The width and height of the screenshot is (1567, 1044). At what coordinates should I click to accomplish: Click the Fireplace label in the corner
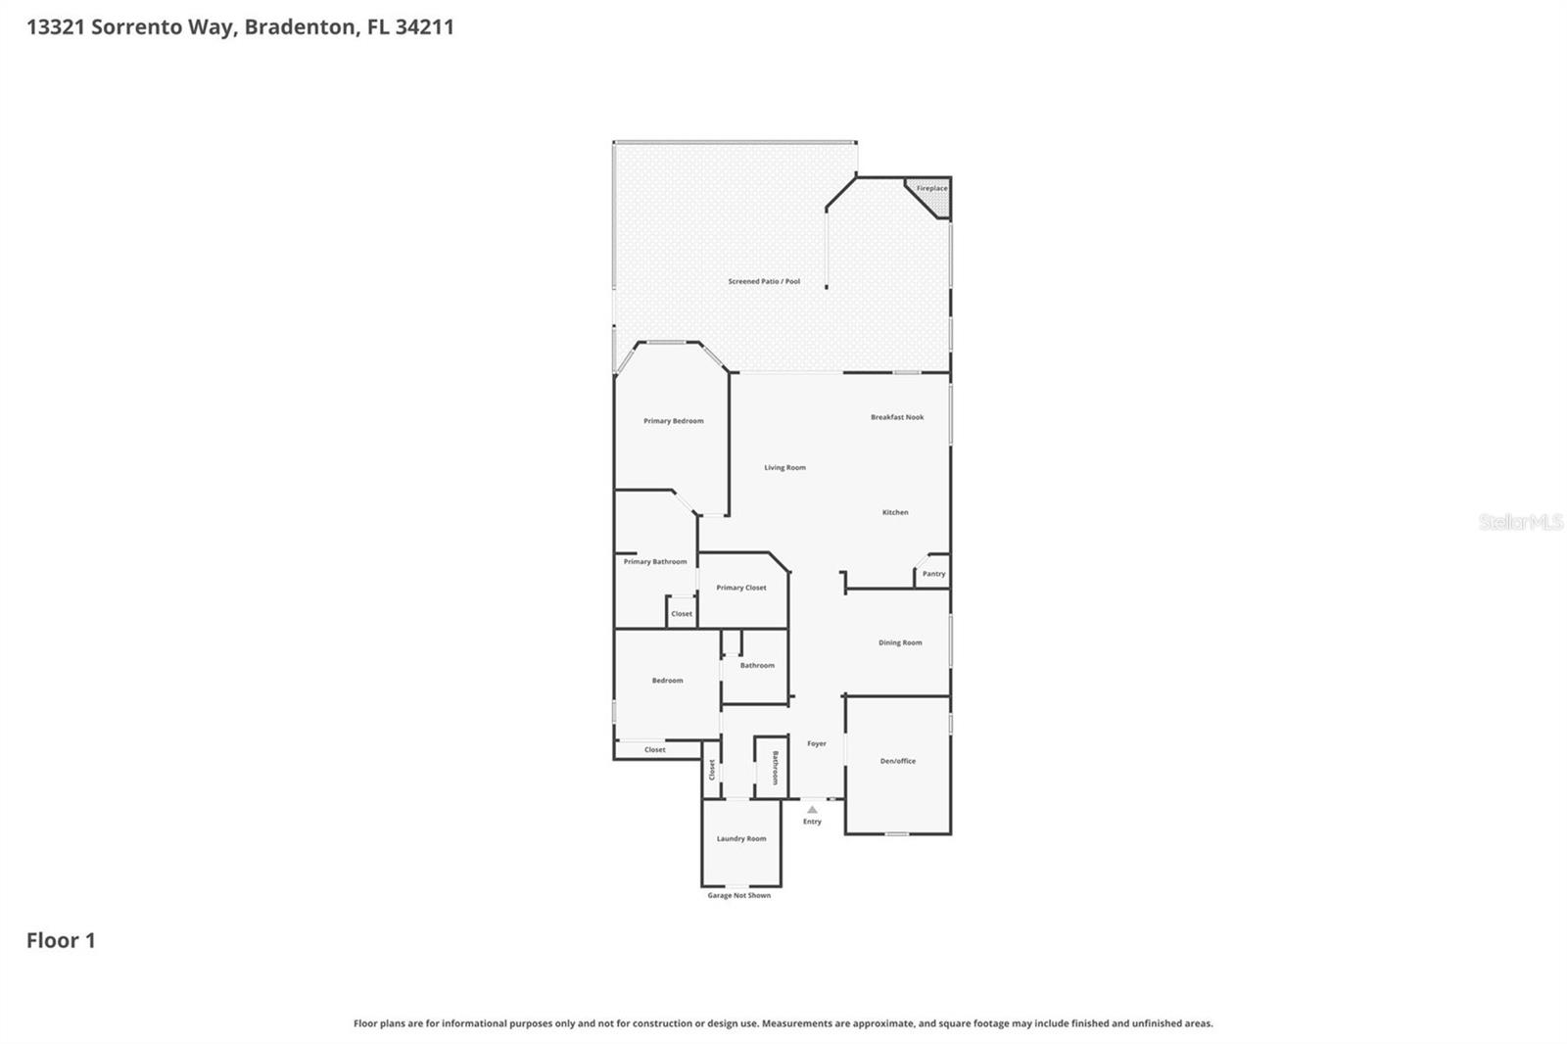point(931,188)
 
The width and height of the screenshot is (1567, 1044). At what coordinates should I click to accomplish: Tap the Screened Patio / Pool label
point(764,281)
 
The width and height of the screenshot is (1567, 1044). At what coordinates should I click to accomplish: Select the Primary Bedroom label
point(673,421)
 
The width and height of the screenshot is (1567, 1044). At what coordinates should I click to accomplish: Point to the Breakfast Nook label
point(897,417)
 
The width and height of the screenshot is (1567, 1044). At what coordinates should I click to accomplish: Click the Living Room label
point(784,468)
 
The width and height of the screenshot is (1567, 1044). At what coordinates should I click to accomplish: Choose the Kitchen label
point(895,512)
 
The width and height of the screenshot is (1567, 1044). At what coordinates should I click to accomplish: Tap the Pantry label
point(933,574)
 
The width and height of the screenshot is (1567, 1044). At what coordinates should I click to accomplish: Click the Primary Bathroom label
point(655,562)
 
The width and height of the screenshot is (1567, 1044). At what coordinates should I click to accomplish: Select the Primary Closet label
point(741,588)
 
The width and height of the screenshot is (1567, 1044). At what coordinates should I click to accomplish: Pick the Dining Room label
point(900,643)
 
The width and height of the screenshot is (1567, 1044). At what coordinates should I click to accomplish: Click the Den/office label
point(897,761)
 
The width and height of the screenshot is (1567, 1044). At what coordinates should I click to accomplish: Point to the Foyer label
point(817,744)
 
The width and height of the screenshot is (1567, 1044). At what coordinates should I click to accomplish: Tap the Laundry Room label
point(741,839)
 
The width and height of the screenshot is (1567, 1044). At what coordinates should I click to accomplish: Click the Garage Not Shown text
point(739,895)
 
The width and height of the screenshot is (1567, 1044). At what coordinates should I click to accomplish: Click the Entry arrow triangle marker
point(812,810)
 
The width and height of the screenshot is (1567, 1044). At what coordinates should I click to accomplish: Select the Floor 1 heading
point(61,940)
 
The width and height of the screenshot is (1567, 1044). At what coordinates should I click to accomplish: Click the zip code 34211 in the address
point(424,26)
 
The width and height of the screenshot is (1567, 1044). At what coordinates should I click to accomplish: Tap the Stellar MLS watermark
point(1520,522)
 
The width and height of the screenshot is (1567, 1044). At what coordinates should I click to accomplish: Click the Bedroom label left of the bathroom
point(667,681)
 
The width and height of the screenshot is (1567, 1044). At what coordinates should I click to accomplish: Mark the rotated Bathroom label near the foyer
point(775,768)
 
